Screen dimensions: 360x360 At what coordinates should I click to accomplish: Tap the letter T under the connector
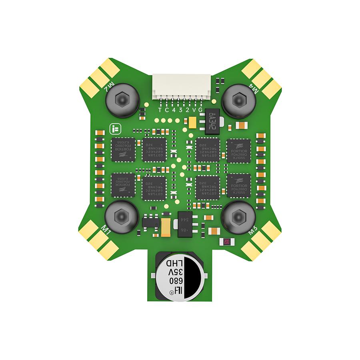click(160, 110)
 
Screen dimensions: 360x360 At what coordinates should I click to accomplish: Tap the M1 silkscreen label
click(106, 230)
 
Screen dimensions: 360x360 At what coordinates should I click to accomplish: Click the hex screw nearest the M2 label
click(122, 100)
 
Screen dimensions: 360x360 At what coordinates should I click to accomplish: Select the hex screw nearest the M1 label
click(122, 217)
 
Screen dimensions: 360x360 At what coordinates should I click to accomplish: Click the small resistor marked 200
click(226, 242)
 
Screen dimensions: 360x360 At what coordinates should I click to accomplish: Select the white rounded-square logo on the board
click(114, 129)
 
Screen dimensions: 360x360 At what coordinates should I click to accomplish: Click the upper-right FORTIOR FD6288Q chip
click(239, 151)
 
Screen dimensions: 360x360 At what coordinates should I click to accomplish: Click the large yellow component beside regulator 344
click(166, 227)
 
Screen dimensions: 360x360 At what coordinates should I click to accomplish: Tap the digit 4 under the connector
click(174, 110)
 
